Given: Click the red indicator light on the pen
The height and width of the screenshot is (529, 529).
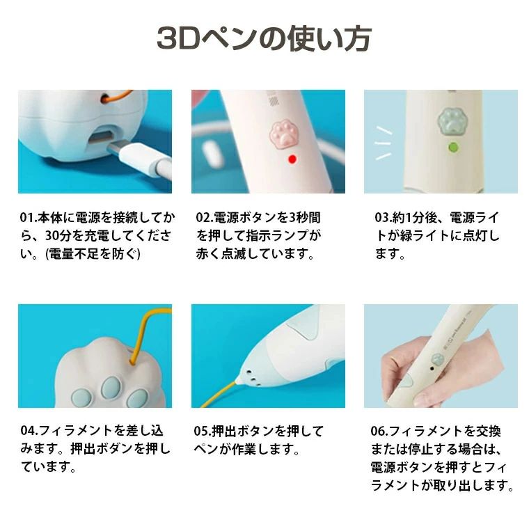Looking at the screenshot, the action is tap(292, 159).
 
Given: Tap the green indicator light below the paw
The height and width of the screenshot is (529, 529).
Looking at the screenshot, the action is tap(453, 148).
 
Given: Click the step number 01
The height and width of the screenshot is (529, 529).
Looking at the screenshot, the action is tap(27, 218).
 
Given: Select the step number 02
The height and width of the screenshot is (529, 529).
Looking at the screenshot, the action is tap(203, 218).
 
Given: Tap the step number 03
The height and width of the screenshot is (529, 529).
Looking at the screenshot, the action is tap(382, 218).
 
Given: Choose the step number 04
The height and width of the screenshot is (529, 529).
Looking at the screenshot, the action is tap(28, 431).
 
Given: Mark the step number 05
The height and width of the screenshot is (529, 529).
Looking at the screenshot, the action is tap(201, 431).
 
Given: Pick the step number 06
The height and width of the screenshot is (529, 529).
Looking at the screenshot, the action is tap(378, 431).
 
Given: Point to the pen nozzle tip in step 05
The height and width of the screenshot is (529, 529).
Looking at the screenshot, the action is tap(239, 382).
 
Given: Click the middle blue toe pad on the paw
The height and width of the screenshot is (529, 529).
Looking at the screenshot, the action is tap(111, 386).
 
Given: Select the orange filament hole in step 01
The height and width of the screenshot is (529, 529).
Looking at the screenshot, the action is tap(105, 98).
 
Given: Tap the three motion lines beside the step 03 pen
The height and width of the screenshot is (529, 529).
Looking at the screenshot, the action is tap(384, 143).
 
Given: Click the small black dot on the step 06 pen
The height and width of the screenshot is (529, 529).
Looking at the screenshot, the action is tap(432, 369).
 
